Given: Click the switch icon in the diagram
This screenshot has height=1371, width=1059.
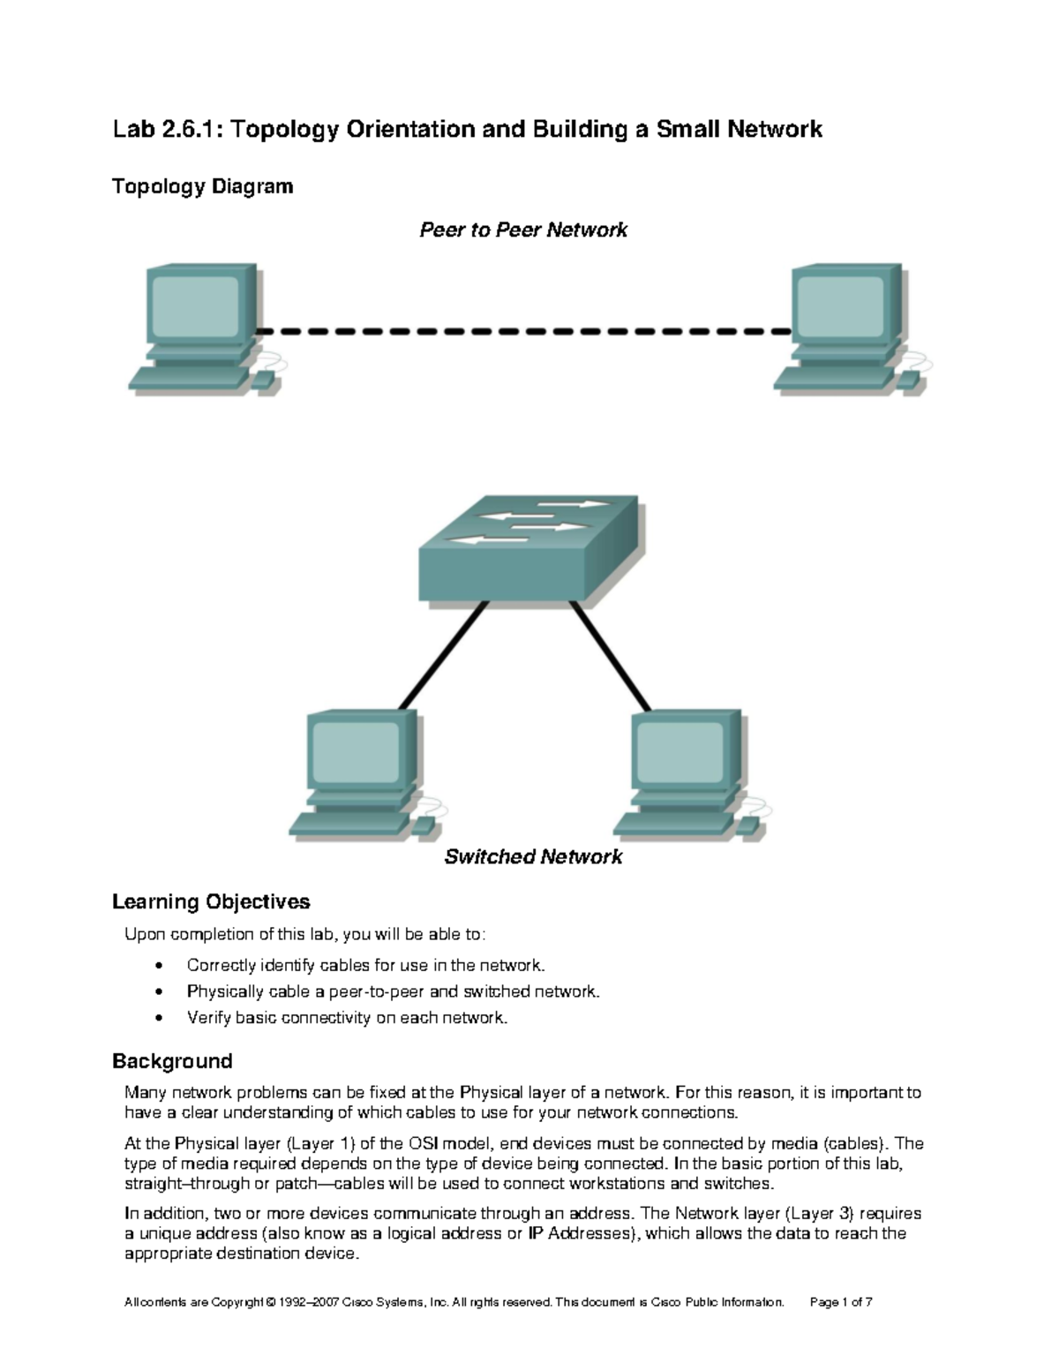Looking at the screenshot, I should click(x=527, y=548).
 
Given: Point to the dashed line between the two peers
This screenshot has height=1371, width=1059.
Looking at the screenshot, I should click(x=524, y=332).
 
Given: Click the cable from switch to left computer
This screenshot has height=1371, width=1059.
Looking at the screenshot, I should click(x=443, y=655).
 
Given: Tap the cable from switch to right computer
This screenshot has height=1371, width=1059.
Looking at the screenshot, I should click(x=611, y=655).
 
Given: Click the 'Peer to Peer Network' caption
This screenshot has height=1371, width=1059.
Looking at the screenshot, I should click(x=523, y=230).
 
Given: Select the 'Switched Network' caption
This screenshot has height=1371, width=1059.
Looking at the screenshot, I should click(x=533, y=857).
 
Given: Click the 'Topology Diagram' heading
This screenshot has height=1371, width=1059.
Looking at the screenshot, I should click(x=202, y=187).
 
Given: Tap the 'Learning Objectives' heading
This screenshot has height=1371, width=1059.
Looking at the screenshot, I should click(x=211, y=902).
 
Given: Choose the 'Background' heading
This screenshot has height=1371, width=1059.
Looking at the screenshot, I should click(x=172, y=1061).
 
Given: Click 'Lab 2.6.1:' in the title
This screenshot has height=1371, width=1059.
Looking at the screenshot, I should click(x=168, y=130).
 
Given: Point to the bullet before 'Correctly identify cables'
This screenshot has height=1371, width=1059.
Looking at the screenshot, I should click(x=159, y=966).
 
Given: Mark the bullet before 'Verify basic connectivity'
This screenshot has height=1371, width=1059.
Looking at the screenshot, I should click(x=159, y=1019).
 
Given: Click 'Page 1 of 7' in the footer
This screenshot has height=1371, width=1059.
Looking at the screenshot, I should click(x=841, y=1302).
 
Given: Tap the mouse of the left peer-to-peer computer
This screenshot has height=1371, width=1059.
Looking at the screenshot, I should click(x=262, y=380).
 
